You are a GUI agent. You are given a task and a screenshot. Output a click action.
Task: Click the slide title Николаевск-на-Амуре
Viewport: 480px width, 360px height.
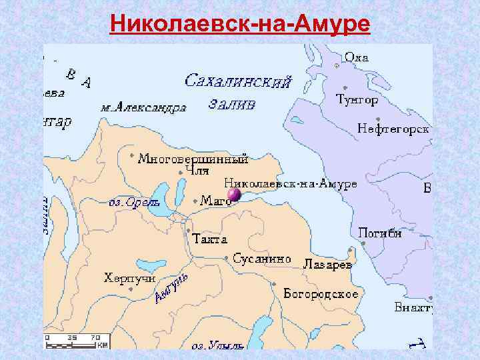240,24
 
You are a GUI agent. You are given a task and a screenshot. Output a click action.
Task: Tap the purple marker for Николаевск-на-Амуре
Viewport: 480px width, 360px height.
233,195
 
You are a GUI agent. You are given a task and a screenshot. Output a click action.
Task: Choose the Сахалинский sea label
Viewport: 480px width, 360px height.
237,82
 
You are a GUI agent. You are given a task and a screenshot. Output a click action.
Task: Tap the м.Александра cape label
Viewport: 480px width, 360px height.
143,107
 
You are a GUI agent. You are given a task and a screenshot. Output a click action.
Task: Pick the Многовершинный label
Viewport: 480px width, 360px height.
193,159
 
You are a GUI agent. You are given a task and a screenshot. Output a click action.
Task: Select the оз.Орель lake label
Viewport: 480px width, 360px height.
134,202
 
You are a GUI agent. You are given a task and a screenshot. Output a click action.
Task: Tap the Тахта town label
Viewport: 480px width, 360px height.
209,238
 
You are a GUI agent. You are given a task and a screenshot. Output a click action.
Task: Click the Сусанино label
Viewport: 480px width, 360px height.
262,258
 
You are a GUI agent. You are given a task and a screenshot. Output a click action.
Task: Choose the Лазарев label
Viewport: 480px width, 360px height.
327,264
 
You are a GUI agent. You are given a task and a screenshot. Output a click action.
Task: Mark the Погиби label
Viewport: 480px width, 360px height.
379,233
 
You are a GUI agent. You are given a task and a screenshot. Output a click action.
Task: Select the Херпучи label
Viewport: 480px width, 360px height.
129,277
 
